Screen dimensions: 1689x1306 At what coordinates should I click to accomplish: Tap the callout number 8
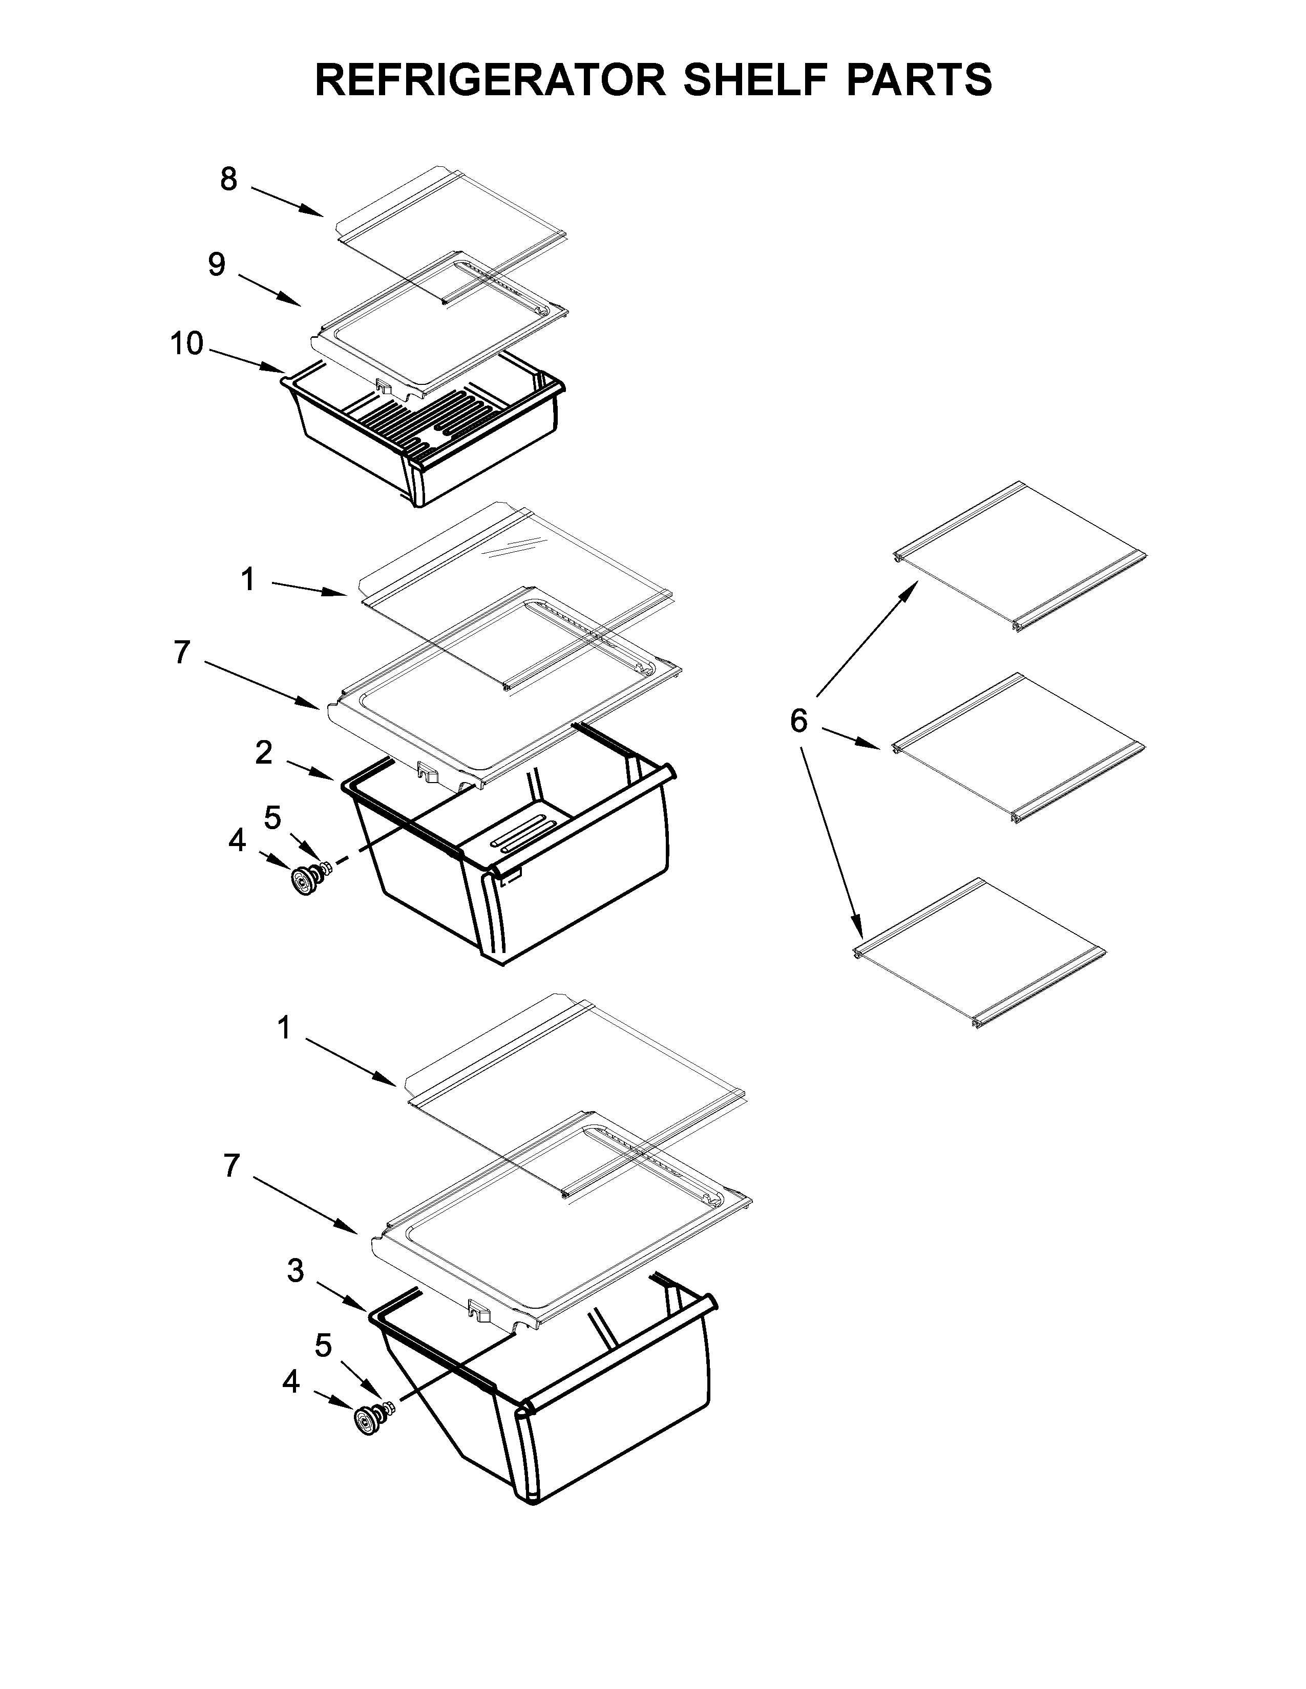tap(228, 180)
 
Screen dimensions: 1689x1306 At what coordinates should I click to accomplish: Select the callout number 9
tap(217, 265)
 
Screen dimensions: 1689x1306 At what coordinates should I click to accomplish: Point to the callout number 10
tap(186, 343)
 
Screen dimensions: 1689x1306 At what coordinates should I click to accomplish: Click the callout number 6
tap(798, 721)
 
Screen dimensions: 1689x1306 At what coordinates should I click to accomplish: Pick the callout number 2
tap(264, 752)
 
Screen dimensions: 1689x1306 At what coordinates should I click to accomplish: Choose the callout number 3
tap(296, 1271)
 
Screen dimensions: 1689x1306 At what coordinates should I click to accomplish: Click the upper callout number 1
tap(247, 578)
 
